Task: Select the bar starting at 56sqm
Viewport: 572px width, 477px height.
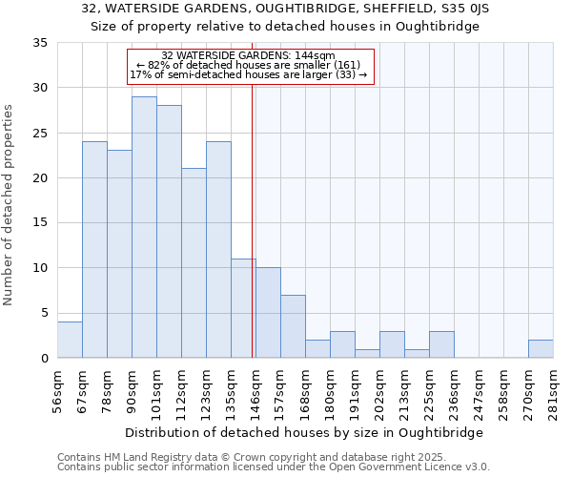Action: click(x=70, y=340)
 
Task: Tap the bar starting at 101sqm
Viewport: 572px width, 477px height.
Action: click(x=169, y=232)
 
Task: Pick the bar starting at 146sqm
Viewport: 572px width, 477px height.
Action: click(x=268, y=313)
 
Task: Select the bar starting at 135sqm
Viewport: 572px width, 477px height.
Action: click(x=243, y=308)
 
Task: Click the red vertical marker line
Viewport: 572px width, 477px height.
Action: click(x=252, y=219)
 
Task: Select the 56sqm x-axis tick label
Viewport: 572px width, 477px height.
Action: click(x=57, y=388)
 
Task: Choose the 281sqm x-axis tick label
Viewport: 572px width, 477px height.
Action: click(x=553, y=388)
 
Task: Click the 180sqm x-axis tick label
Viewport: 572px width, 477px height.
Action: click(x=330, y=388)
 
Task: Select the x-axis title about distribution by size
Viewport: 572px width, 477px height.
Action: click(x=304, y=432)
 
